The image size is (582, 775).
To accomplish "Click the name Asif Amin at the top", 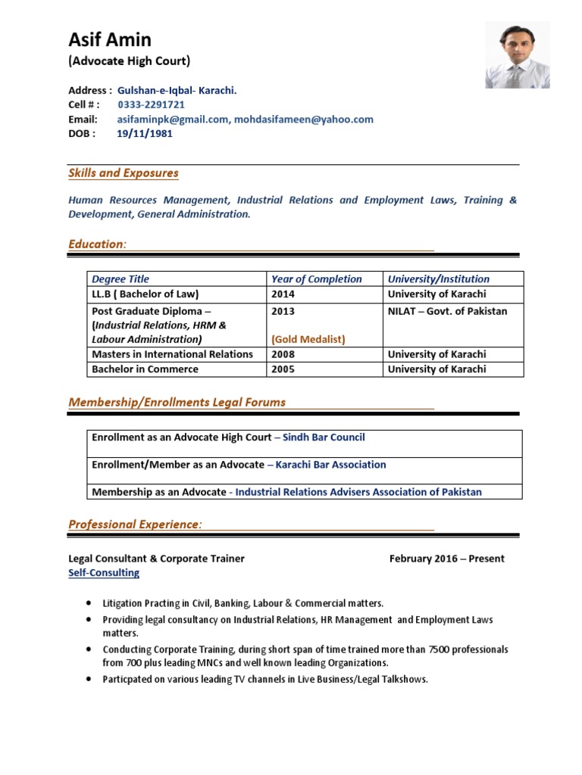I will point(110,39).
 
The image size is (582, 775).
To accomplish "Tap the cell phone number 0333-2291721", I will point(151,104).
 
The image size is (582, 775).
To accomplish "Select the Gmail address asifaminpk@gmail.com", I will point(173,119).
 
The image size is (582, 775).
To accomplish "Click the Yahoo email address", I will point(303,119).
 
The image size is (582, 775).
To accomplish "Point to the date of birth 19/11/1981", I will point(144,133).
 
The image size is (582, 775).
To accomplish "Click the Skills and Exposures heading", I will point(124,173).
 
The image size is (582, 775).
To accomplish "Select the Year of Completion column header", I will point(317,279).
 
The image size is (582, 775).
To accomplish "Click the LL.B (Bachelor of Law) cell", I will point(145,294).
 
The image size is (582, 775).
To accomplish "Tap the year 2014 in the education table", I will point(283,294).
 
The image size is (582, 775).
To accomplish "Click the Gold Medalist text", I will point(308,339).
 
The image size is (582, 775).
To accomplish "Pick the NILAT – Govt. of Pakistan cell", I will point(447,311).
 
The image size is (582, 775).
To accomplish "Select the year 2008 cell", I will point(283,354).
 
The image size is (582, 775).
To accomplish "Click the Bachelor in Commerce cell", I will point(145,369).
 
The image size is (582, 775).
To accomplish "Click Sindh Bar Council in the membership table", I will point(324,437).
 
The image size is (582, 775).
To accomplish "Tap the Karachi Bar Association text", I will point(330,465).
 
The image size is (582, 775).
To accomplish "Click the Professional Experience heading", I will point(136,524).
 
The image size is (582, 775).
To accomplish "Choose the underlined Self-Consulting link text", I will point(104,573).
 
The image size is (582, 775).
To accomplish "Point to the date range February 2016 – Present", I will point(446,559).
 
